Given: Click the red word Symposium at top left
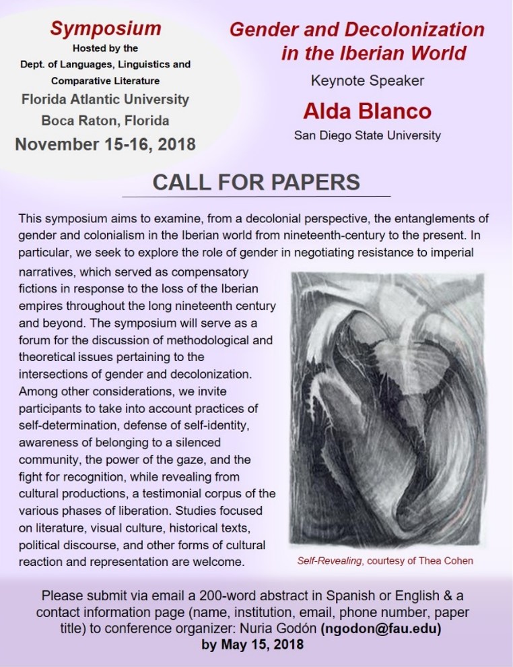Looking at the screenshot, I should click(x=106, y=28).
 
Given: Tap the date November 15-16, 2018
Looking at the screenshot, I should click(x=106, y=144).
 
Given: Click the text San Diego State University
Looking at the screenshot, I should click(x=367, y=135).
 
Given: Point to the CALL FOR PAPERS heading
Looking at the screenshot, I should click(x=256, y=182).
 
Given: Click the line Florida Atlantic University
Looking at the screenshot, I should click(x=105, y=99).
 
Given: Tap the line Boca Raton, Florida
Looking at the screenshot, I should click(x=105, y=121).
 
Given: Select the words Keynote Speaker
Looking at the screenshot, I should click(x=367, y=81).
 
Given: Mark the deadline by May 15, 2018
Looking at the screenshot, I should click(x=256, y=642).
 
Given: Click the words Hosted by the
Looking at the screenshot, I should click(x=105, y=49).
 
